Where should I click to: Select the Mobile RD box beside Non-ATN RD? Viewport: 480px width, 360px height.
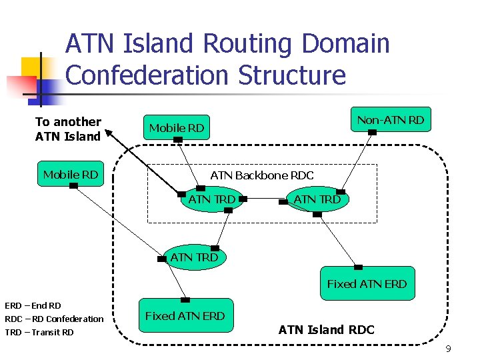click(x=177, y=127)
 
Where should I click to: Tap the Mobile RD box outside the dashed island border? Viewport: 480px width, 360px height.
click(x=71, y=174)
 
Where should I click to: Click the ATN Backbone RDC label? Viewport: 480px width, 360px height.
click(x=261, y=175)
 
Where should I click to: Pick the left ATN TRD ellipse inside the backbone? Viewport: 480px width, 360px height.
click(x=211, y=199)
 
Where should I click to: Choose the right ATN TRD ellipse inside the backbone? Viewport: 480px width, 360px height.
click(x=317, y=199)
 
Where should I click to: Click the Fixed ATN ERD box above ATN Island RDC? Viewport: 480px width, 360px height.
click(x=366, y=283)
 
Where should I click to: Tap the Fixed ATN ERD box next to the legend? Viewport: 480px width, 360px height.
click(x=185, y=315)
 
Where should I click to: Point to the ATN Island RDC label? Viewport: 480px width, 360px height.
click(x=326, y=329)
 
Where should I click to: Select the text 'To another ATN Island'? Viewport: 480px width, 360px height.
click(x=68, y=129)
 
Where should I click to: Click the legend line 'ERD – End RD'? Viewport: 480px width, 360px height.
click(x=33, y=305)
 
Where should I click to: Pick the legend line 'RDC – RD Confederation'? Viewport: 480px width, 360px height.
click(x=54, y=319)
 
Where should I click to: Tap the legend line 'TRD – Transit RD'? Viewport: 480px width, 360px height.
click(x=39, y=332)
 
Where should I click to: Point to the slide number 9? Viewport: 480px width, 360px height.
click(x=448, y=349)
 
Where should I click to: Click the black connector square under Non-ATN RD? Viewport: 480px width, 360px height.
click(x=373, y=133)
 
